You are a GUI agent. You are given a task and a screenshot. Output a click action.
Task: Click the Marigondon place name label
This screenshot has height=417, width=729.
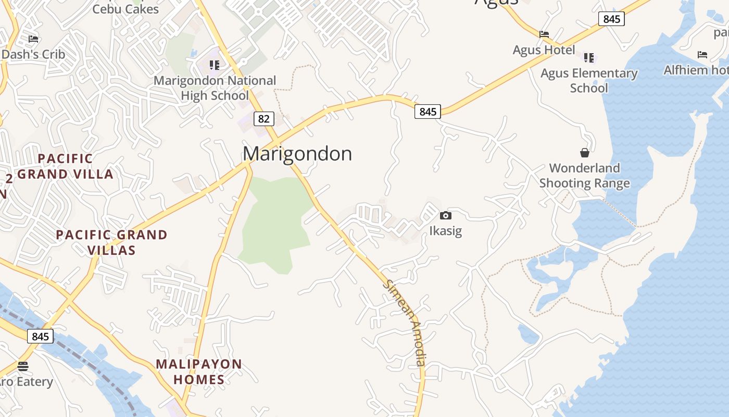[297, 154]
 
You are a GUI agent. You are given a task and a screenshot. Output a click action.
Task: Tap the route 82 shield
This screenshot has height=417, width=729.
[264, 119]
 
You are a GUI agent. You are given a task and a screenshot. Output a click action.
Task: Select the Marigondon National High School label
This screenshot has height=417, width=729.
[215, 88]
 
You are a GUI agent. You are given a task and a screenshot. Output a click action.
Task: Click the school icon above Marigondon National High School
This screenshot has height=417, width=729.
[214, 65]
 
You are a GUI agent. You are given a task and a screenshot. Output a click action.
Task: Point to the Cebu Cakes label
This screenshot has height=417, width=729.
[125, 9]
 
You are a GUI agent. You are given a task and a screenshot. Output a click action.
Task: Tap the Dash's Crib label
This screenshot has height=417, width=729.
[34, 54]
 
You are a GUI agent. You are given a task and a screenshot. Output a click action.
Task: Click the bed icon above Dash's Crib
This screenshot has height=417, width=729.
[33, 39]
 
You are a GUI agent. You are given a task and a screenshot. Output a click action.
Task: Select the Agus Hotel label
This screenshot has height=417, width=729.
[544, 50]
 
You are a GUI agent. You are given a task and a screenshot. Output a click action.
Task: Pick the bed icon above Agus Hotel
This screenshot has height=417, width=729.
[544, 34]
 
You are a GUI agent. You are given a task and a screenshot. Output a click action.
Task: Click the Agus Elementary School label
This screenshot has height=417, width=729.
[589, 80]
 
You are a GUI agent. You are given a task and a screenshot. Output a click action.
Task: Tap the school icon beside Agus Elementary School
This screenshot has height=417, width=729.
[589, 57]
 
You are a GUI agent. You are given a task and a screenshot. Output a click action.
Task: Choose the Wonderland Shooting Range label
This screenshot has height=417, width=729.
[585, 176]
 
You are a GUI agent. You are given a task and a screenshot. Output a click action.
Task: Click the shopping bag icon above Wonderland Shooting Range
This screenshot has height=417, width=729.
[585, 153]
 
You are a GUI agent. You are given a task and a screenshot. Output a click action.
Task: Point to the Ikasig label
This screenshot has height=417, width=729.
[446, 230]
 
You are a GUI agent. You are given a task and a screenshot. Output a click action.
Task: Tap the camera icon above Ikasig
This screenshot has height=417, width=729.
[446, 215]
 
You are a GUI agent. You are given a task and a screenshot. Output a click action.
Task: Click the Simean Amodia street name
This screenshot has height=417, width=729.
[406, 323]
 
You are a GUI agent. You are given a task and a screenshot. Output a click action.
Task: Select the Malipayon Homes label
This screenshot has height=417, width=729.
[199, 372]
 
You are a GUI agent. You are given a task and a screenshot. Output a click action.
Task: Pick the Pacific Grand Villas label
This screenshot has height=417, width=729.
[111, 242]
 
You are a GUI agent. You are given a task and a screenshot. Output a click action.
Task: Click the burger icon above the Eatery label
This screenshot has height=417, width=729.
[22, 366]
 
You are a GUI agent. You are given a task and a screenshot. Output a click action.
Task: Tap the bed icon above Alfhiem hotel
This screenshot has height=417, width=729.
[702, 54]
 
